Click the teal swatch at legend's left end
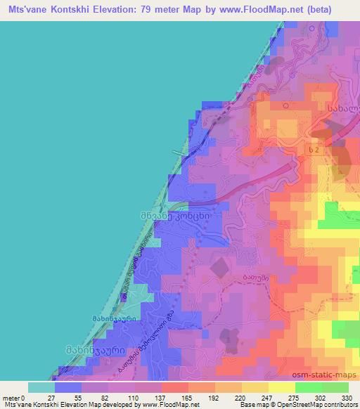pos(41,387)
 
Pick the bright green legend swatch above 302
pos(310,387)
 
